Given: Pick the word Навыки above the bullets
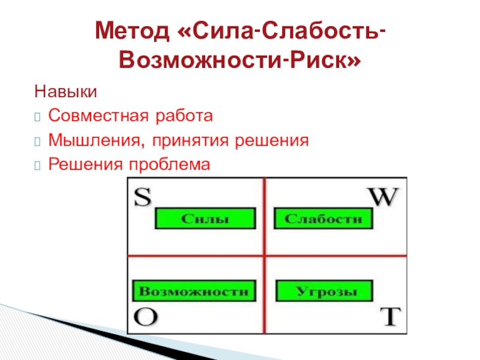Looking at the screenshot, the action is tap(65, 92).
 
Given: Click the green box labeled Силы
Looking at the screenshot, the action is tap(205, 218).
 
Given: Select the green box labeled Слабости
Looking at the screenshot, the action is tap(323, 218).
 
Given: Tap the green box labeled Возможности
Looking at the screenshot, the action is tap(193, 292).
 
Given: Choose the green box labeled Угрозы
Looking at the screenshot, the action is tap(323, 292).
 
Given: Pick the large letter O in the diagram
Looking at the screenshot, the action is tap(144, 317).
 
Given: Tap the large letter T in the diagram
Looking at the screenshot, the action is tap(391, 317).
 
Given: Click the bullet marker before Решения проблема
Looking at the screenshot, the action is tap(39, 164).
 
